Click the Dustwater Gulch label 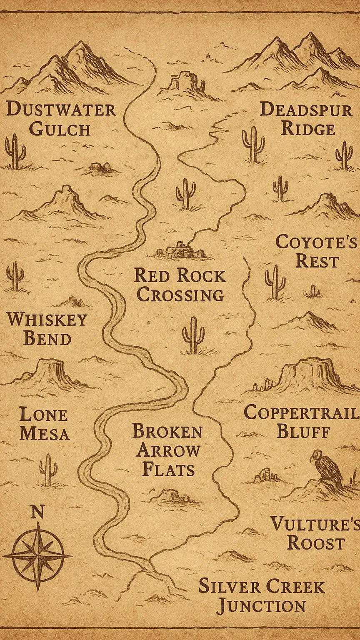click(61, 119)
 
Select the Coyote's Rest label click(317, 252)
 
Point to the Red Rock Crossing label click(180, 285)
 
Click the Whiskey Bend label click(47, 329)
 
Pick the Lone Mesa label click(44, 424)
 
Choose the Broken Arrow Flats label click(167, 450)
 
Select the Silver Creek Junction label click(262, 596)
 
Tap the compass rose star click(38, 556)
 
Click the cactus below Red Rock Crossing click(193, 336)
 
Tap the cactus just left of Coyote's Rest click(275, 282)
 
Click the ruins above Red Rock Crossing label click(181, 250)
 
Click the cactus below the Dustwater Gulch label click(15, 152)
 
